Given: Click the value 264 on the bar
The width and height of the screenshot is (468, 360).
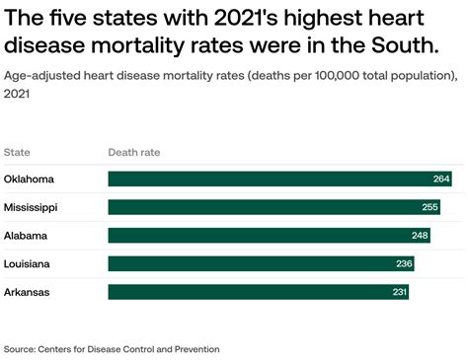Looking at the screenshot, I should click(441, 179).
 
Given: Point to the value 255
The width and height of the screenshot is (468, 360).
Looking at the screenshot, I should click(429, 207).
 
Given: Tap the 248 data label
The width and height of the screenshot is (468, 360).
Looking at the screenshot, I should click(422, 236).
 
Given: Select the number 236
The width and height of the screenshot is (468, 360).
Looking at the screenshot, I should click(405, 264).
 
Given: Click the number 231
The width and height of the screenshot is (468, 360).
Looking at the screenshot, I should click(399, 292).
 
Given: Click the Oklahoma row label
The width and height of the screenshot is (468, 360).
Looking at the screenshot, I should click(29, 179).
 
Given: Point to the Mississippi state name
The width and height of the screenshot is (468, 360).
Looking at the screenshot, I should click(31, 207).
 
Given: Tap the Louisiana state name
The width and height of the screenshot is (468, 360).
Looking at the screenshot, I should click(29, 264).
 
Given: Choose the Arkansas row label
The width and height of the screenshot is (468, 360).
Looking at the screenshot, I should click(28, 292).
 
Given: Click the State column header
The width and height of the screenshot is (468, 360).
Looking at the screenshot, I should click(17, 152).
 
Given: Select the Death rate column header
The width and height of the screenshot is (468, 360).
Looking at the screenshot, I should click(133, 152).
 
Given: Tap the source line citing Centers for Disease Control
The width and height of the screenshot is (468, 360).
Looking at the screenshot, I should click(112, 349).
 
